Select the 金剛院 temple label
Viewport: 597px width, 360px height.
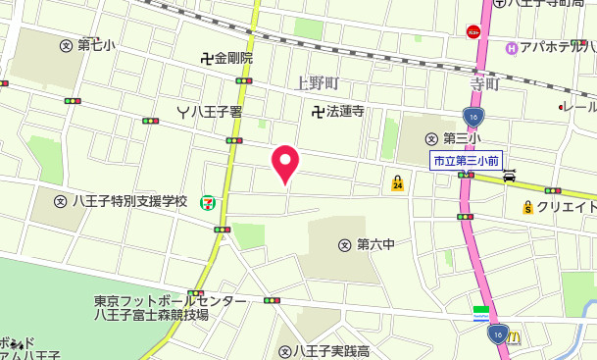[x=227, y=59]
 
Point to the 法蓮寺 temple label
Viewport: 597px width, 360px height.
[x=338, y=111]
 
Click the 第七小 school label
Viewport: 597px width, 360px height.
[x=88, y=45]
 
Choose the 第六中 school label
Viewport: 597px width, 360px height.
[x=367, y=244]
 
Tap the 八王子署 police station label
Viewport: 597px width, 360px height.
[x=210, y=111]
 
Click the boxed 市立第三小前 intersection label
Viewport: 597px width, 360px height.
[x=467, y=160]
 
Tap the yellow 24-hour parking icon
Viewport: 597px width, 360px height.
[x=397, y=182]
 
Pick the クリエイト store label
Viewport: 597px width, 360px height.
[x=560, y=207]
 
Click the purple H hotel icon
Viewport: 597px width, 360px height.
[x=511, y=48]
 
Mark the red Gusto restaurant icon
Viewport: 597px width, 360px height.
[x=473, y=31]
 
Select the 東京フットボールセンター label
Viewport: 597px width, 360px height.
[x=169, y=300]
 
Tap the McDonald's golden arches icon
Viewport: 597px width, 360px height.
[x=515, y=336]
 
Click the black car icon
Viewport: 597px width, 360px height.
[x=509, y=177]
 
